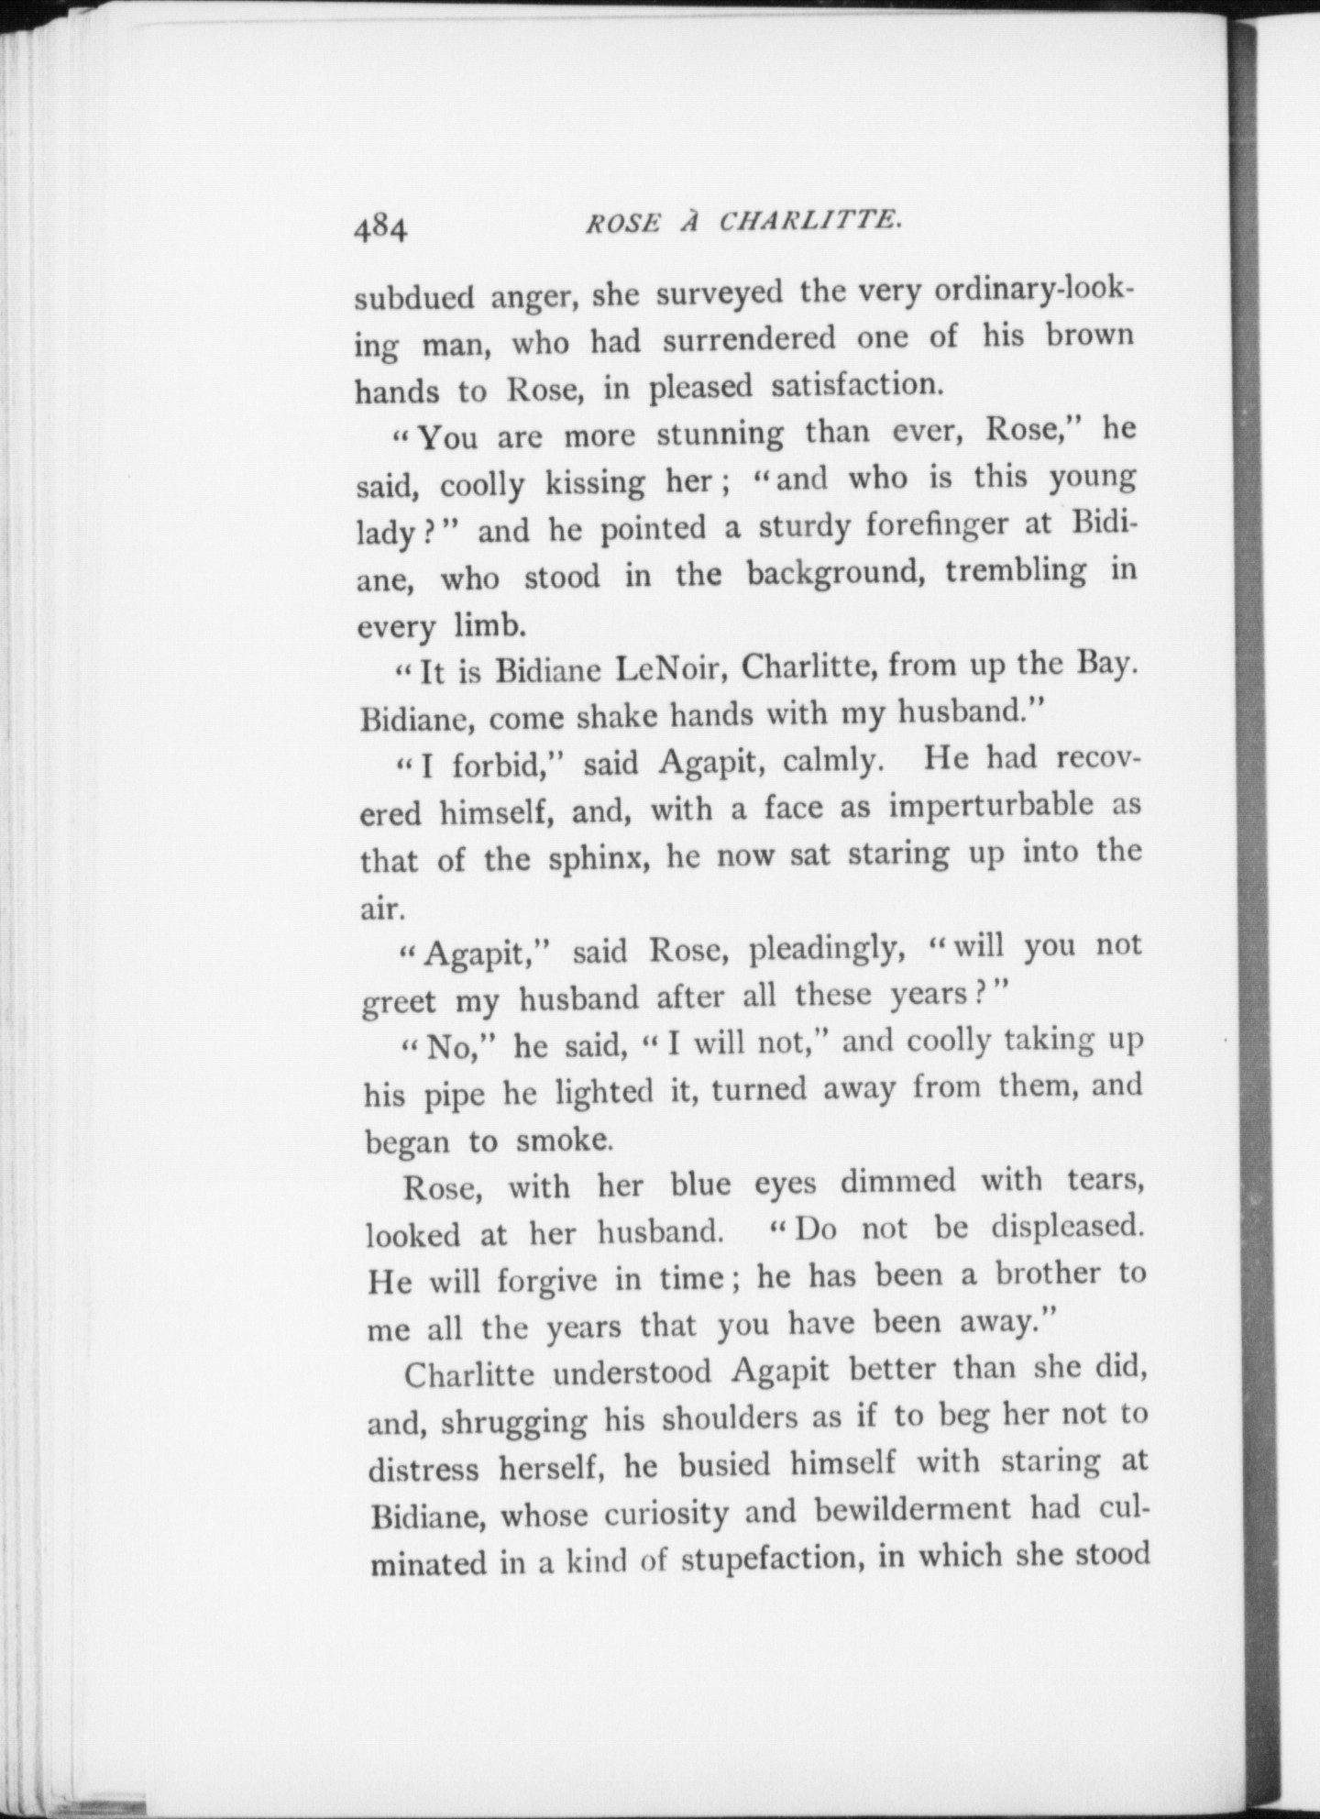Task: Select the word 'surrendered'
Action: [749, 339]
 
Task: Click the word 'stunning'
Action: [720, 434]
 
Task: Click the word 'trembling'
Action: [1016, 571]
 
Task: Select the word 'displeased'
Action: [1068, 1228]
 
